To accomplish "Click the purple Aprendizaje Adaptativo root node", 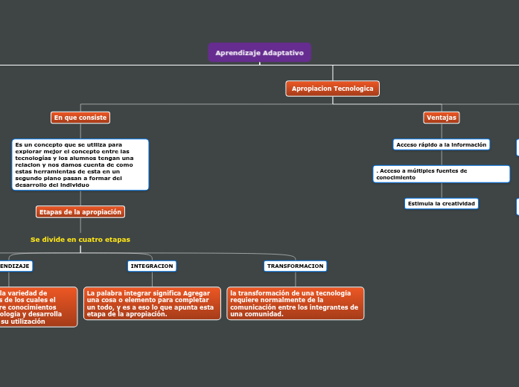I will click(259, 53).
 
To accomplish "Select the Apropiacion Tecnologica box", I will click(332, 89).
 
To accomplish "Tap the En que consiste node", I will click(80, 118).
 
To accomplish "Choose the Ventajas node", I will click(441, 118).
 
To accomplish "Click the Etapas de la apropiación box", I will click(80, 212).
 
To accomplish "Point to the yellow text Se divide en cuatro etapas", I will click(80, 240).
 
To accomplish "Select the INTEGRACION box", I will click(151, 266).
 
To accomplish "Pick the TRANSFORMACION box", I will click(295, 266).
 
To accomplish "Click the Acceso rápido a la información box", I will click(441, 144).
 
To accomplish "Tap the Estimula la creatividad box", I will click(441, 203).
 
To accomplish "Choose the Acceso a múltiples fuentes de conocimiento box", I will click(441, 174).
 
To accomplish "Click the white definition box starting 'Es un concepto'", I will click(80, 164).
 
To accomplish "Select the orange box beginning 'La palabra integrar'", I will click(152, 304).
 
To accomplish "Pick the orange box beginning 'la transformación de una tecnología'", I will click(295, 304).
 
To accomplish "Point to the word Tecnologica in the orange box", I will click(353, 89).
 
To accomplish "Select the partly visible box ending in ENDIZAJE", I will click(15, 266).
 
